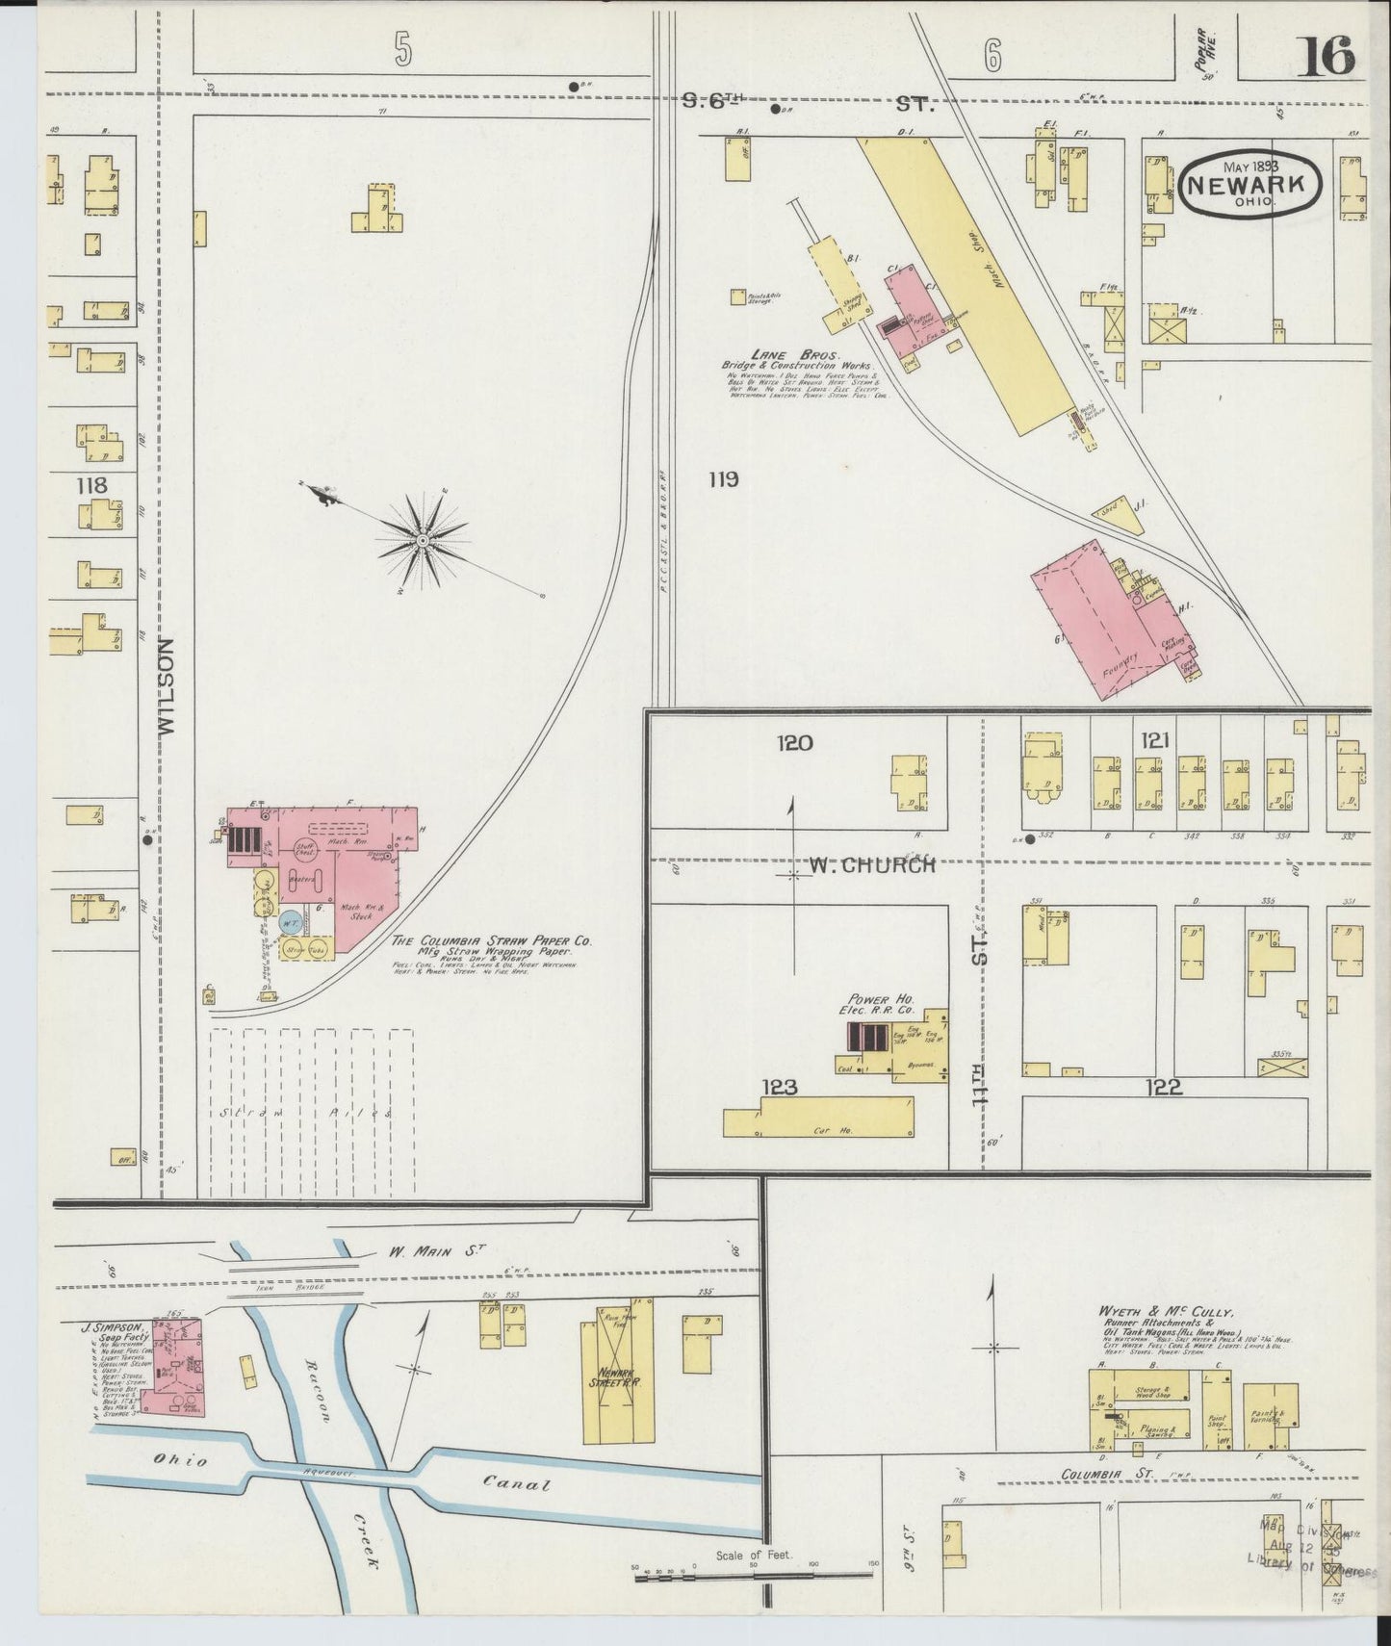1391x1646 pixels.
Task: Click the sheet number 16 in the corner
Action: [1326, 56]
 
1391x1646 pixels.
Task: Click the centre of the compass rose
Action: [422, 542]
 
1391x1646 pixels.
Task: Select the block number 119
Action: [723, 478]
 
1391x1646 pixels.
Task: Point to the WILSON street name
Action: [166, 687]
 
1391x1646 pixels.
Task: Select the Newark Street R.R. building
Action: [616, 1381]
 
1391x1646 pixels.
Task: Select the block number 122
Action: [1164, 1087]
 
